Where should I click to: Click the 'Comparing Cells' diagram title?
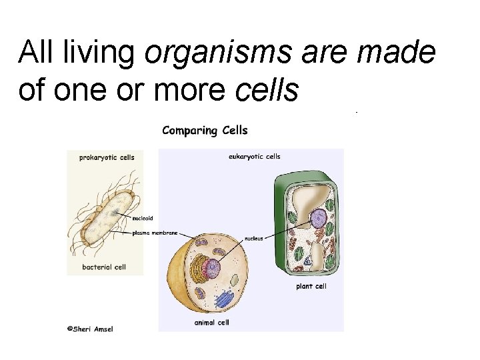[205, 131]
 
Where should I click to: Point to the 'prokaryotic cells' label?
[107, 158]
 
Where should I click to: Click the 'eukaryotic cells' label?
[254, 157]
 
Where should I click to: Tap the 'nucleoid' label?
[143, 218]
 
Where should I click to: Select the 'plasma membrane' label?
[155, 233]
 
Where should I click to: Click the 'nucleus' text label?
[255, 237]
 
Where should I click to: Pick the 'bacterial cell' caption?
[104, 267]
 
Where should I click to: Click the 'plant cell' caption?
[311, 287]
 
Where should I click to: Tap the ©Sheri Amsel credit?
[89, 329]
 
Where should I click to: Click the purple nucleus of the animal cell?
[212, 268]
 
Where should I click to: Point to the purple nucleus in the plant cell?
[318, 218]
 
